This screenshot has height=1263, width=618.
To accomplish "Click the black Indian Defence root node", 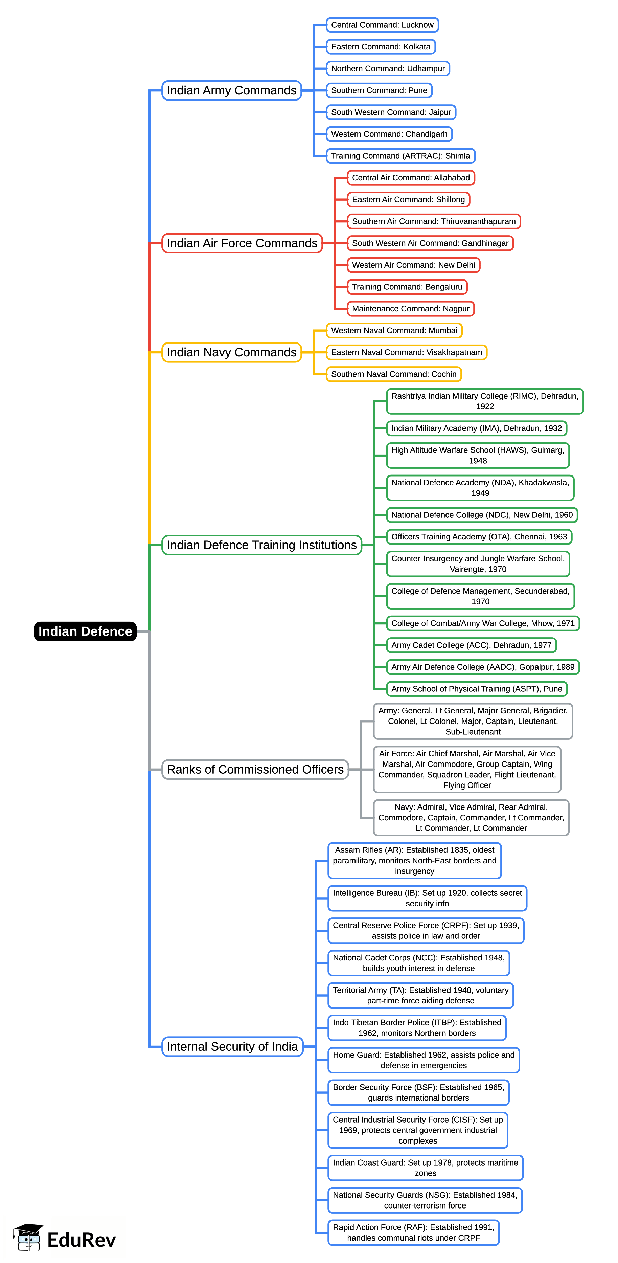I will [x=85, y=631].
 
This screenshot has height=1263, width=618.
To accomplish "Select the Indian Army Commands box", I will [x=231, y=90].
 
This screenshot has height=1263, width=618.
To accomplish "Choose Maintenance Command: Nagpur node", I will [x=410, y=308].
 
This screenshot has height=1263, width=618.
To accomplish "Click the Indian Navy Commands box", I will [x=231, y=352].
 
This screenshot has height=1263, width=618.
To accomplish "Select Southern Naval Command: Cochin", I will [x=393, y=374].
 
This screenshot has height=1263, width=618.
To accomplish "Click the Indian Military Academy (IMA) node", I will [x=476, y=428].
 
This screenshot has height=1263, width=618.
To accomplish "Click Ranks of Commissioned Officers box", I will [x=255, y=769].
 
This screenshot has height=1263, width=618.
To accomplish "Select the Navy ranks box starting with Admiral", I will [x=471, y=817].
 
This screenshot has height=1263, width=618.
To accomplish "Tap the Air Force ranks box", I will [x=466, y=769].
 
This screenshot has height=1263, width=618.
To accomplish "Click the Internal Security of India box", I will [x=232, y=1046].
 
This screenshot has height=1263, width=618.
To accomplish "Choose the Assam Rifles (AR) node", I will [x=414, y=860].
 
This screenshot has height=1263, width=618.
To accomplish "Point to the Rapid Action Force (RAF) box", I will [x=413, y=1232].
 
